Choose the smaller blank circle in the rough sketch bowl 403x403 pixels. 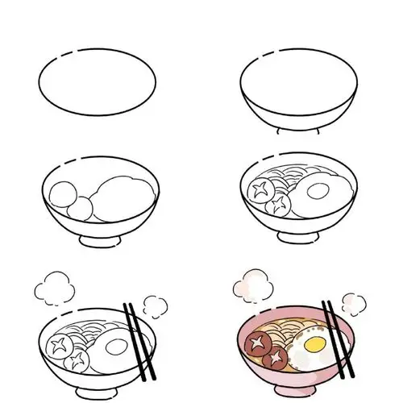(x=79, y=206)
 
